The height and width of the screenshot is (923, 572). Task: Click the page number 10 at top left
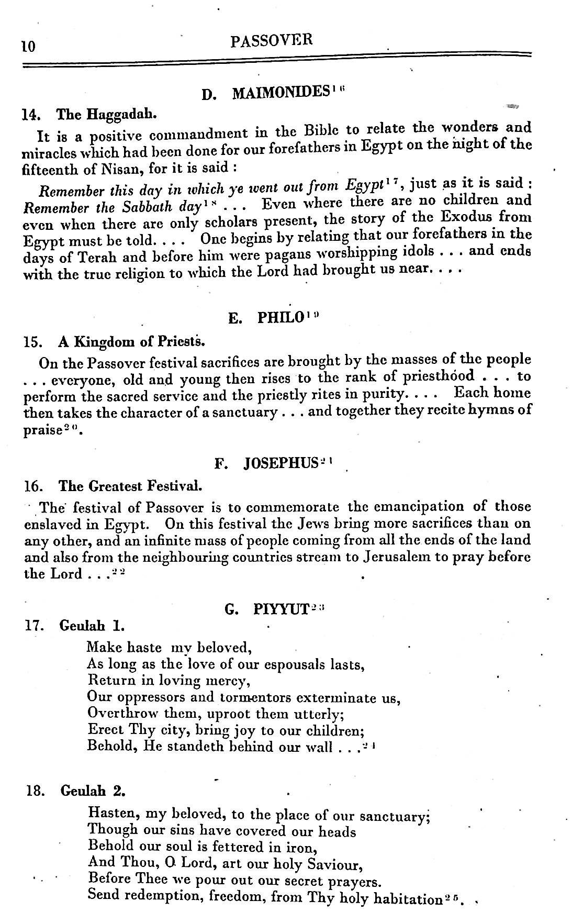pyautogui.click(x=28, y=47)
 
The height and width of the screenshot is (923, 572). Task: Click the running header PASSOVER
pyautogui.click(x=271, y=40)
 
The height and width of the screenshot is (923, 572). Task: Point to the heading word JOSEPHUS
pyautogui.click(x=281, y=463)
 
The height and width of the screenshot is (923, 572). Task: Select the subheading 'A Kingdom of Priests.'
pyautogui.click(x=131, y=342)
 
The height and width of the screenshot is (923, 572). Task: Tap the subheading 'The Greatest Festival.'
pyautogui.click(x=130, y=486)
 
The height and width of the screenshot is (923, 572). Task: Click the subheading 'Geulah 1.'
pyautogui.click(x=92, y=625)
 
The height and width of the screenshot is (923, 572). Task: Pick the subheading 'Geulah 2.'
pyautogui.click(x=93, y=791)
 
